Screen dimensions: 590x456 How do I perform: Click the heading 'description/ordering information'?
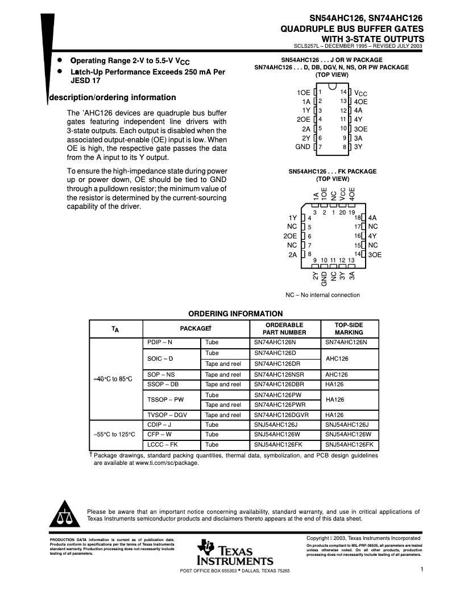[x=113, y=97]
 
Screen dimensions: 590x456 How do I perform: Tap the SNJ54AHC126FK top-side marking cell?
[x=349, y=445]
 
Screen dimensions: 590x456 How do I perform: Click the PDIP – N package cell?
[x=160, y=343]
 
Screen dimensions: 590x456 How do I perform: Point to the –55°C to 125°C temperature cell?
[x=114, y=435]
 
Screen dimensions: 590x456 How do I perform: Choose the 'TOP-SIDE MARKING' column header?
[x=349, y=329]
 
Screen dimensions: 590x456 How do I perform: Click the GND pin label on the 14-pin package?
[x=302, y=147]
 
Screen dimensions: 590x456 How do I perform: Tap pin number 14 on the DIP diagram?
[x=343, y=92]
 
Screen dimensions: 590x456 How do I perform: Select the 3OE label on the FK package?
[x=375, y=255]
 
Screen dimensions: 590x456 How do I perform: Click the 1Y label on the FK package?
[x=292, y=218]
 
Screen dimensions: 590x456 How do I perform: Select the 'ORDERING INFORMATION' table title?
[x=235, y=313]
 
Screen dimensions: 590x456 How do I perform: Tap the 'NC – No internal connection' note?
[x=322, y=295]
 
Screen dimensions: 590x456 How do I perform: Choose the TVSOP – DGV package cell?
[x=167, y=415]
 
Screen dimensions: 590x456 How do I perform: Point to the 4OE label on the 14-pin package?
[x=361, y=101]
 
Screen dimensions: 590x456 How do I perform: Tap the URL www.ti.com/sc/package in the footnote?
[x=167, y=463]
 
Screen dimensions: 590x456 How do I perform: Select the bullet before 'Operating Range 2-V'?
[x=60, y=60]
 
